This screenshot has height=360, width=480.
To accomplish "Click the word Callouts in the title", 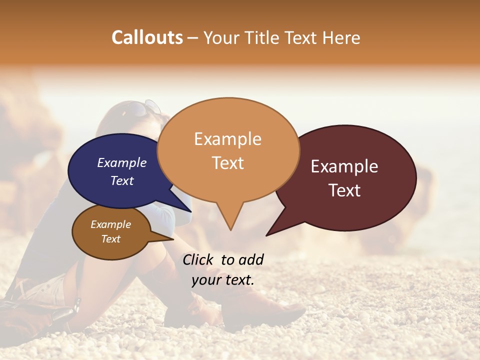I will click(x=147, y=37).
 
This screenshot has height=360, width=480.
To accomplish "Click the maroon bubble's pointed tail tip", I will click(x=267, y=235).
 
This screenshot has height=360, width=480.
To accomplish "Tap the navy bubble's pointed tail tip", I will click(x=191, y=211).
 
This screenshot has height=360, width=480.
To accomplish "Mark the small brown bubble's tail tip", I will click(x=173, y=239).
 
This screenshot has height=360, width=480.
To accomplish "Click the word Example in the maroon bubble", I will click(x=344, y=166).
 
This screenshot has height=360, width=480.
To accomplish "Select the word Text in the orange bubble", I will click(x=228, y=163).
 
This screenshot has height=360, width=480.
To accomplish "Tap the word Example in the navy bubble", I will click(x=122, y=162).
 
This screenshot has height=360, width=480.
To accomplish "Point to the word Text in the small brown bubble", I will click(x=111, y=239).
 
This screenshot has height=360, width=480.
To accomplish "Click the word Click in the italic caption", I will click(x=198, y=259).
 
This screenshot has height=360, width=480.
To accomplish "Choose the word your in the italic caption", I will click(x=206, y=280).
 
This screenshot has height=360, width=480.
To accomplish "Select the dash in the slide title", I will click(x=193, y=38).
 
